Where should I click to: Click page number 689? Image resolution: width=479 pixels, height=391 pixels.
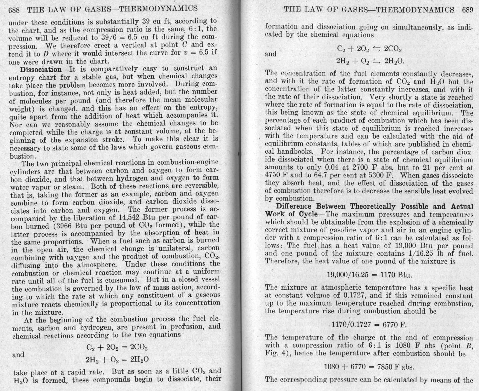click(467, 10)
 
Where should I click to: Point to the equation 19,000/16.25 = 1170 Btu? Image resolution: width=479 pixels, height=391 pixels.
click(369, 275)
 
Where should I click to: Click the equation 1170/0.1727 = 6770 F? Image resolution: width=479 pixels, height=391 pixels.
click(369, 325)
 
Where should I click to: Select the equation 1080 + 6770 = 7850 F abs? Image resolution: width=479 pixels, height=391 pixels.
click(369, 367)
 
